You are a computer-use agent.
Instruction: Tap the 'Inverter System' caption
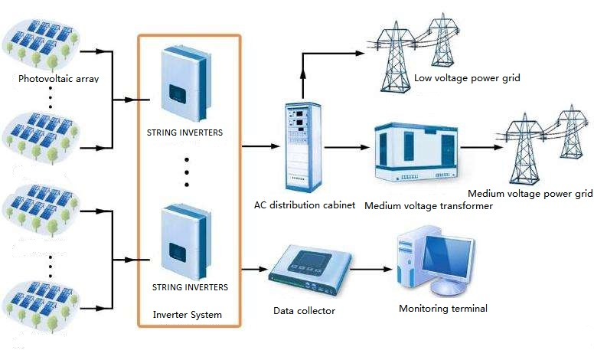188,314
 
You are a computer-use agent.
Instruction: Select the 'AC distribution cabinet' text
305,205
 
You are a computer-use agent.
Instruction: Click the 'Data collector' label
304,310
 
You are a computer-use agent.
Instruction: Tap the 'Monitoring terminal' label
442,309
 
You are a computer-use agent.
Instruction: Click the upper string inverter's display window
178,93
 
